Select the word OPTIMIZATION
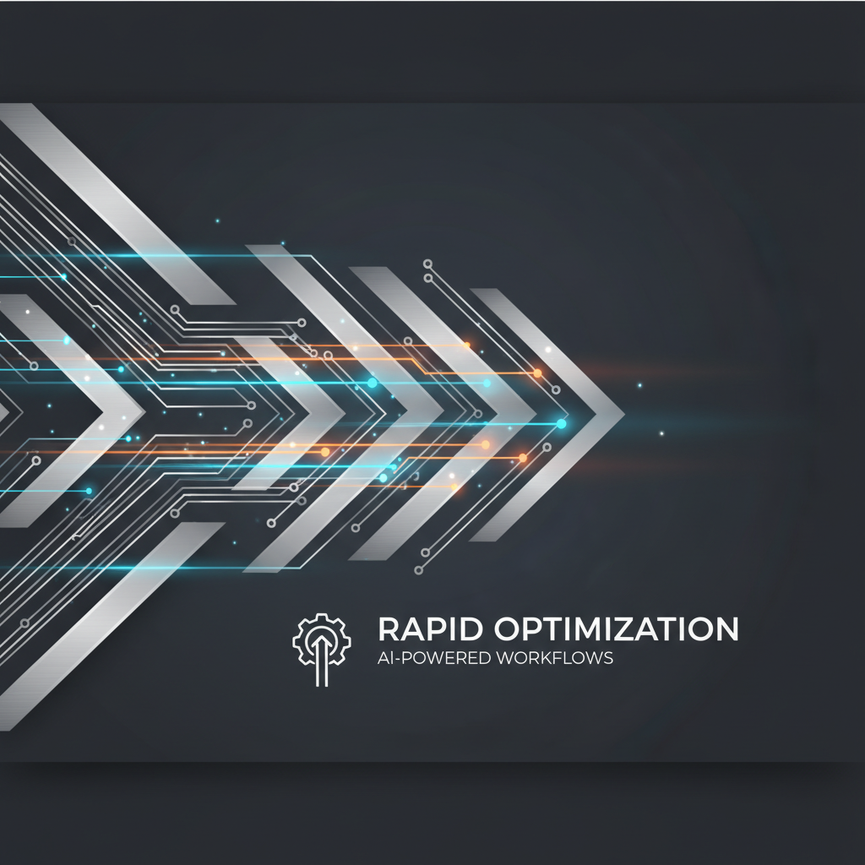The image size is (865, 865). click(x=616, y=628)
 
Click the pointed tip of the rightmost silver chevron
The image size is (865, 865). click(x=624, y=414)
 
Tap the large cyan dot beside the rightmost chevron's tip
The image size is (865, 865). click(x=561, y=424)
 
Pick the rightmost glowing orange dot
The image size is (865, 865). click(x=537, y=373)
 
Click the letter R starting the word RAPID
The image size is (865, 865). click(x=390, y=628)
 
